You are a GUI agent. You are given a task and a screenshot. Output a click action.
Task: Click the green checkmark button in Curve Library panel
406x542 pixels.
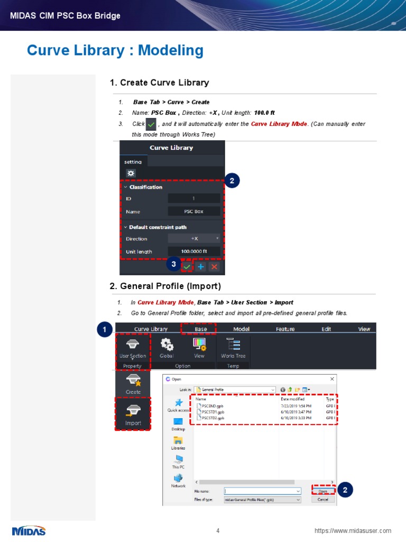tap(187, 267)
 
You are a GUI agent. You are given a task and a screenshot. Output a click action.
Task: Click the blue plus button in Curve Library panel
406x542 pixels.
tap(201, 267)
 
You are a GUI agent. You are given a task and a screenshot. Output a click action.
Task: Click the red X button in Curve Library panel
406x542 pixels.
tap(214, 267)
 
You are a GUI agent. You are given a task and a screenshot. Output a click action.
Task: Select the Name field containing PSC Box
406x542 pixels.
tap(193, 211)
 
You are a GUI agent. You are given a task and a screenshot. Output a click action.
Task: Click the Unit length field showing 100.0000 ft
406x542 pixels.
tap(193, 251)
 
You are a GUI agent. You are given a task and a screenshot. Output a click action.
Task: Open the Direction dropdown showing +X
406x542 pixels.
tap(193, 239)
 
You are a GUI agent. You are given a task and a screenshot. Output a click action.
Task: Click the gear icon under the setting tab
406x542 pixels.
tap(131, 174)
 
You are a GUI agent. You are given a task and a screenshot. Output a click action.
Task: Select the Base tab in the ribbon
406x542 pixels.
tap(200, 329)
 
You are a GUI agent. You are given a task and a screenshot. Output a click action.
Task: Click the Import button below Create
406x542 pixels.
tap(133, 414)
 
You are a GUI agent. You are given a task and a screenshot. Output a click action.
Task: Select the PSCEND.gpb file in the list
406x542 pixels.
tap(209, 406)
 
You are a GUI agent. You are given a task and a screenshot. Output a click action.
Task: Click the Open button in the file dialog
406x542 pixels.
tap(323, 491)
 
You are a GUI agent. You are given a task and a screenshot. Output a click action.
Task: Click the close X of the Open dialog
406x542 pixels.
tap(332, 379)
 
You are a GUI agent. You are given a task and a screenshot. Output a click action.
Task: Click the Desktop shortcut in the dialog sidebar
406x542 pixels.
tap(178, 423)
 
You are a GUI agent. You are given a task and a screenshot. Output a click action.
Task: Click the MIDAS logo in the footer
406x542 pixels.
tap(29, 530)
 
